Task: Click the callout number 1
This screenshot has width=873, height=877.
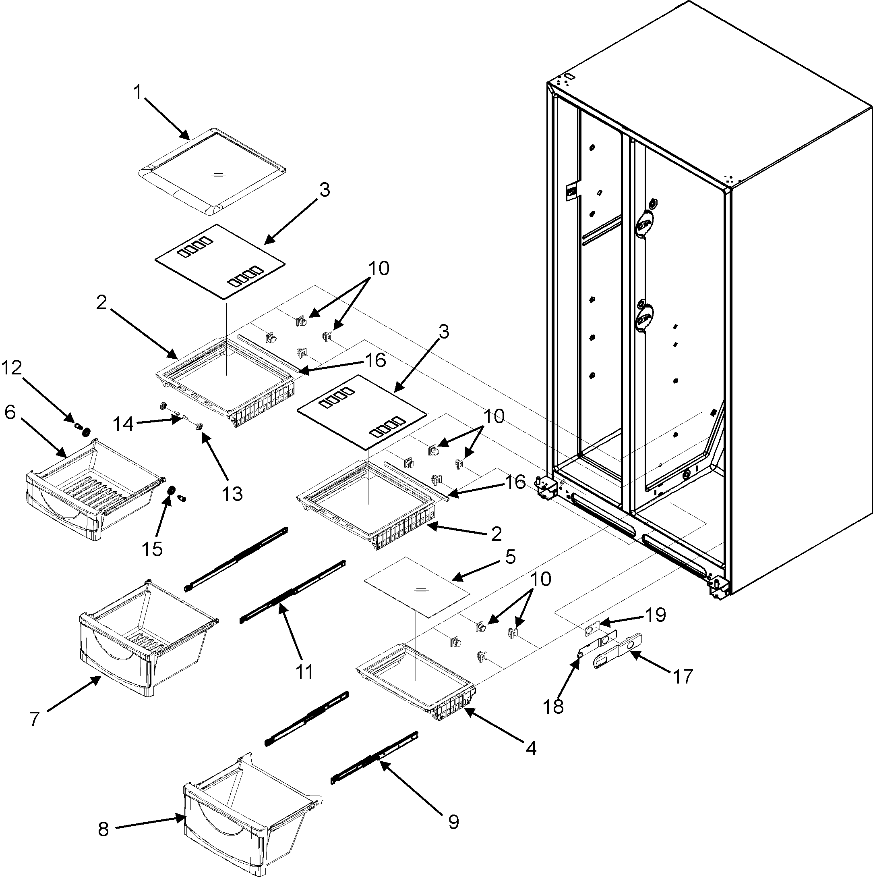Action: (137, 93)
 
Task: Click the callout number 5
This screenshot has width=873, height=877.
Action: (510, 557)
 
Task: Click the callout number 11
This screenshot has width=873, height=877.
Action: (304, 671)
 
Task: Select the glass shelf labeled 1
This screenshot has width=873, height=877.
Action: (212, 172)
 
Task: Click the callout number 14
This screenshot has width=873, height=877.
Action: (123, 424)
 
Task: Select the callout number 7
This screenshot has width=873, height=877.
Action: (35, 719)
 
